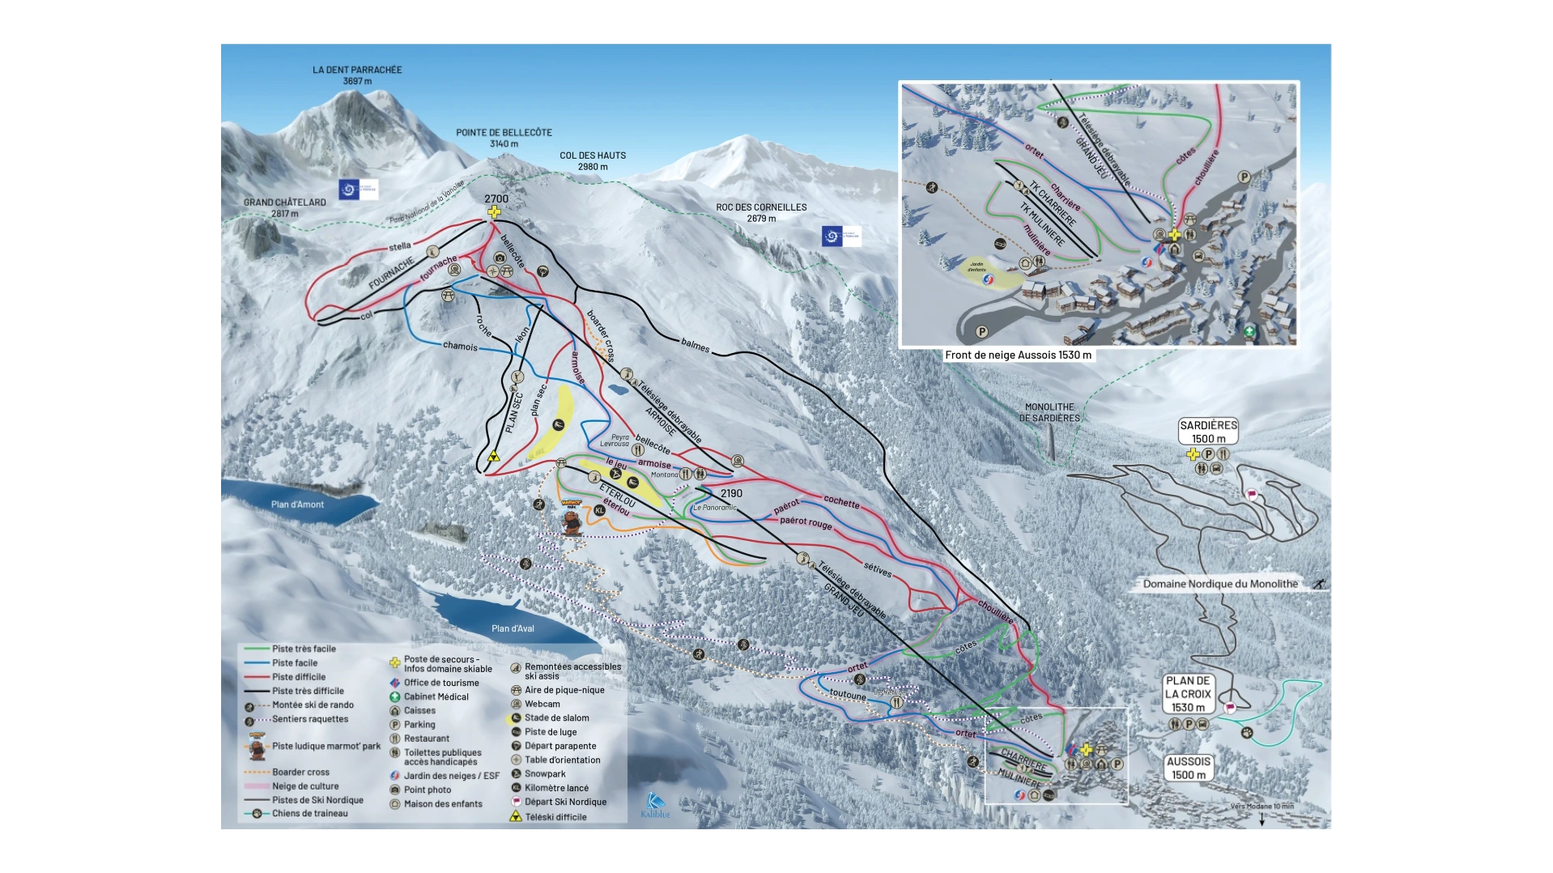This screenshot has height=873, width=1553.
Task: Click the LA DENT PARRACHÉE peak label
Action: pyautogui.click(x=357, y=75)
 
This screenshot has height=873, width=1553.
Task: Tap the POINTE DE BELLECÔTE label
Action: pyautogui.click(x=504, y=138)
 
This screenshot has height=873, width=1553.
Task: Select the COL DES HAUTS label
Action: pyautogui.click(x=593, y=160)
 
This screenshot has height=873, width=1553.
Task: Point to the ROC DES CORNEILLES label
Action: pyautogui.click(x=761, y=212)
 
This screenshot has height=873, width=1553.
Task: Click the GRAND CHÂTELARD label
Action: pyautogui.click(x=285, y=207)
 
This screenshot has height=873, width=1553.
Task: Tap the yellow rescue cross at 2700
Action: pyautogui.click(x=494, y=212)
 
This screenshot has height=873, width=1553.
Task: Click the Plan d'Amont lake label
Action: pyautogui.click(x=297, y=505)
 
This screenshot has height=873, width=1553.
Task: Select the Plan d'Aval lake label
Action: pyautogui.click(x=513, y=628)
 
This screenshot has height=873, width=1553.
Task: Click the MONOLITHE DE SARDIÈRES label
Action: pyautogui.click(x=1049, y=412)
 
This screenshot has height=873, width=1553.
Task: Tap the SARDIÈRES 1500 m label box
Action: pyautogui.click(x=1208, y=432)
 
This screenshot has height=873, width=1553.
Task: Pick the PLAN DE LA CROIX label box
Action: pyautogui.click(x=1188, y=694)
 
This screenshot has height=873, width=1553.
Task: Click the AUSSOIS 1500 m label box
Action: pyautogui.click(x=1189, y=768)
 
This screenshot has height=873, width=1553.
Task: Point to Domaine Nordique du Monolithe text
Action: pyautogui.click(x=1220, y=584)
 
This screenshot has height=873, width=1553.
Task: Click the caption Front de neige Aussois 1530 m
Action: pyautogui.click(x=1018, y=355)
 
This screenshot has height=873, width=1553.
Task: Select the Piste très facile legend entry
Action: pyautogui.click(x=304, y=649)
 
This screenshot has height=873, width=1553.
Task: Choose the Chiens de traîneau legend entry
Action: pyautogui.click(x=309, y=813)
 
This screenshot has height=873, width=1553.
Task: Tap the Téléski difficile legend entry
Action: pyautogui.click(x=555, y=816)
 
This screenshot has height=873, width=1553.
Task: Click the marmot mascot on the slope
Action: pyautogui.click(x=572, y=517)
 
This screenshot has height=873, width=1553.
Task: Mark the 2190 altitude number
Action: pyautogui.click(x=731, y=493)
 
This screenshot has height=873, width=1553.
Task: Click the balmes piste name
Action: pyautogui.click(x=695, y=344)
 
